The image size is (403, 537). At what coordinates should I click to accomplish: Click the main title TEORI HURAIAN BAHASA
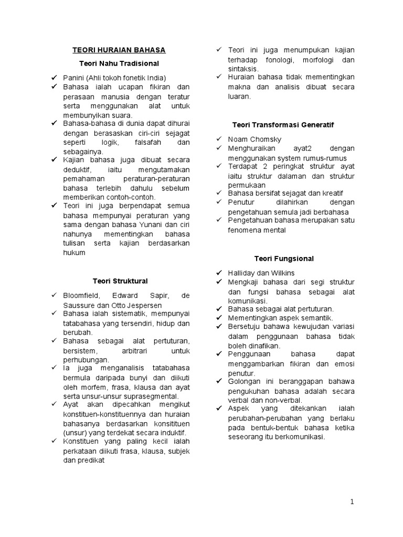(119, 50)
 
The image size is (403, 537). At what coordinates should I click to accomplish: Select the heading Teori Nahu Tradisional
(119, 63)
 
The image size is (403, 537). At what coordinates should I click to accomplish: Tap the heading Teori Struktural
(120, 281)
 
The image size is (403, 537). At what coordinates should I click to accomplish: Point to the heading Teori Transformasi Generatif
(283, 125)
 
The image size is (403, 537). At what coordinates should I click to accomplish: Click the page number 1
(352, 502)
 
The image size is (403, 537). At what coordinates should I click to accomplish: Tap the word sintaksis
(243, 69)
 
